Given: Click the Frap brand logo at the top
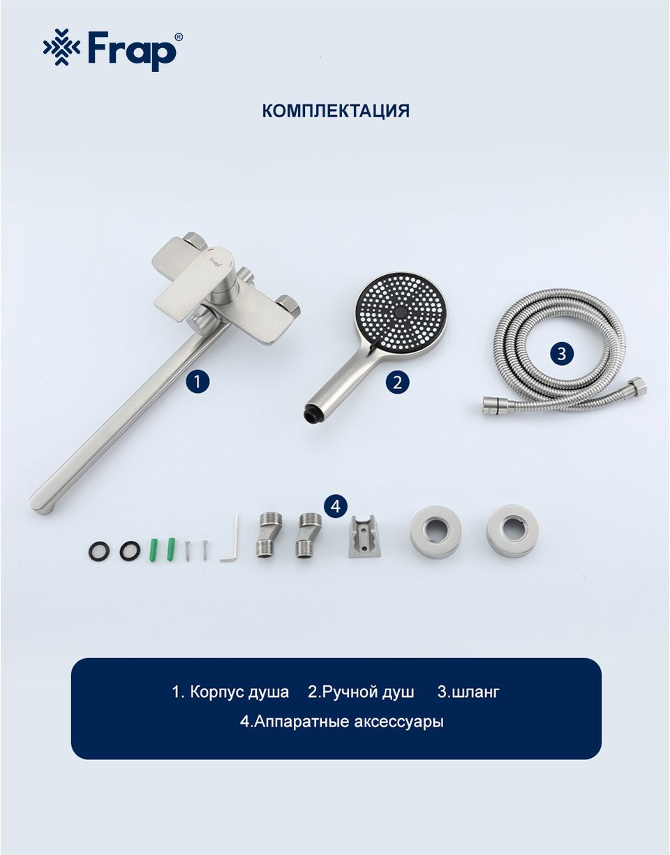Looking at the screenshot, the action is (x=113, y=50).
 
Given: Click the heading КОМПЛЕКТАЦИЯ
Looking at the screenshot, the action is (x=336, y=111).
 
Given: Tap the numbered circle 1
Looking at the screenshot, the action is (x=197, y=381).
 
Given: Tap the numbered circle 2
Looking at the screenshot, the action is (x=396, y=382).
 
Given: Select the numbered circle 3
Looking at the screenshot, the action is (x=561, y=354).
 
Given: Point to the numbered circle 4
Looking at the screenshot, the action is (x=335, y=506).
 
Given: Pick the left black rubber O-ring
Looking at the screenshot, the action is (x=98, y=550).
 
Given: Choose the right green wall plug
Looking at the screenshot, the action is (x=171, y=549).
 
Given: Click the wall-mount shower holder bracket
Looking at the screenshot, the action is (x=361, y=536).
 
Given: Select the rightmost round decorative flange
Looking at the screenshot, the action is (x=512, y=530).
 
